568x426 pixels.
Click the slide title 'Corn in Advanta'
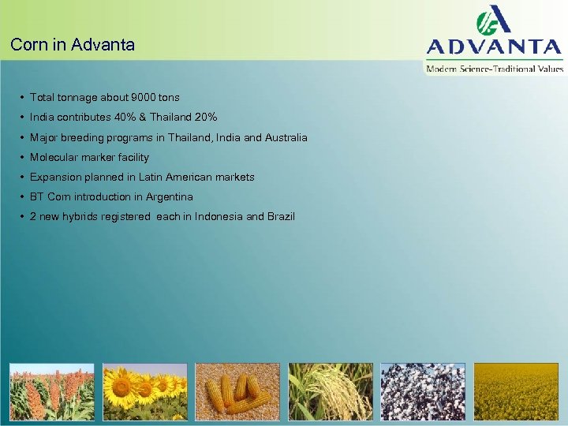click(73, 45)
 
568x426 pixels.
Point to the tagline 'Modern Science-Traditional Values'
click(495, 69)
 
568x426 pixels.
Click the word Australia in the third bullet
click(284, 137)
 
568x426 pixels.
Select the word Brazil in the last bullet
click(281, 216)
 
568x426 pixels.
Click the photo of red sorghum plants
click(51, 392)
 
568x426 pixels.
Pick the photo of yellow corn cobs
click(237, 392)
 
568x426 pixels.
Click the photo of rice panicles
click(331, 392)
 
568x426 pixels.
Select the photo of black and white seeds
click(423, 392)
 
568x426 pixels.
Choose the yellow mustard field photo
click(516, 392)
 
